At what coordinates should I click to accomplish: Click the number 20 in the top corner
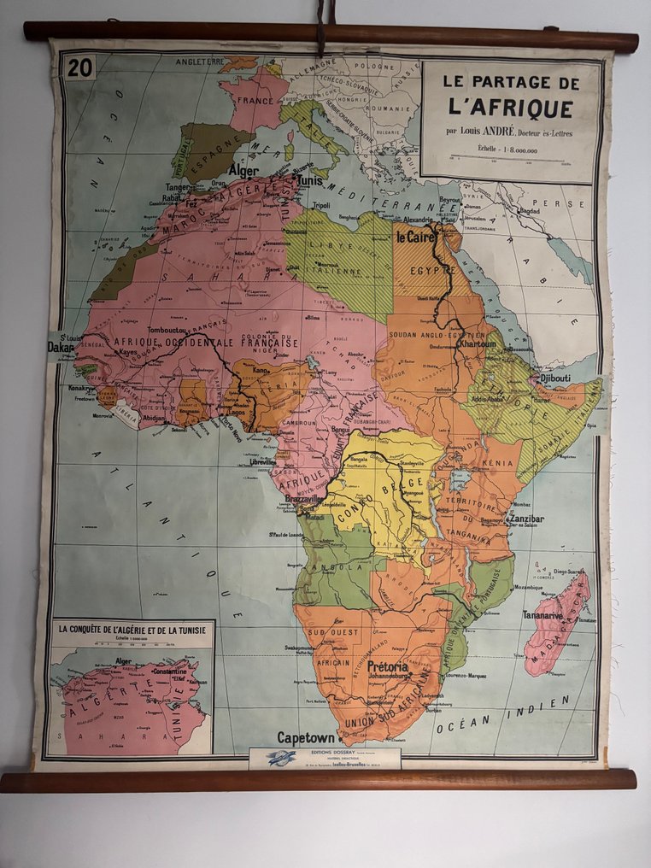coord(79,68)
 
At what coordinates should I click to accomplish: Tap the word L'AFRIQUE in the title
coord(509,108)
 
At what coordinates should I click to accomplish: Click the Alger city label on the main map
coord(243,170)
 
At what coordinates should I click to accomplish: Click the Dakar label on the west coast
coord(61,348)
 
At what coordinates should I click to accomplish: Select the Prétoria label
coord(394,667)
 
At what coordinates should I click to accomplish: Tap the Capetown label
coord(305,737)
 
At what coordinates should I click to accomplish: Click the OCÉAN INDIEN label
coord(503,713)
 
